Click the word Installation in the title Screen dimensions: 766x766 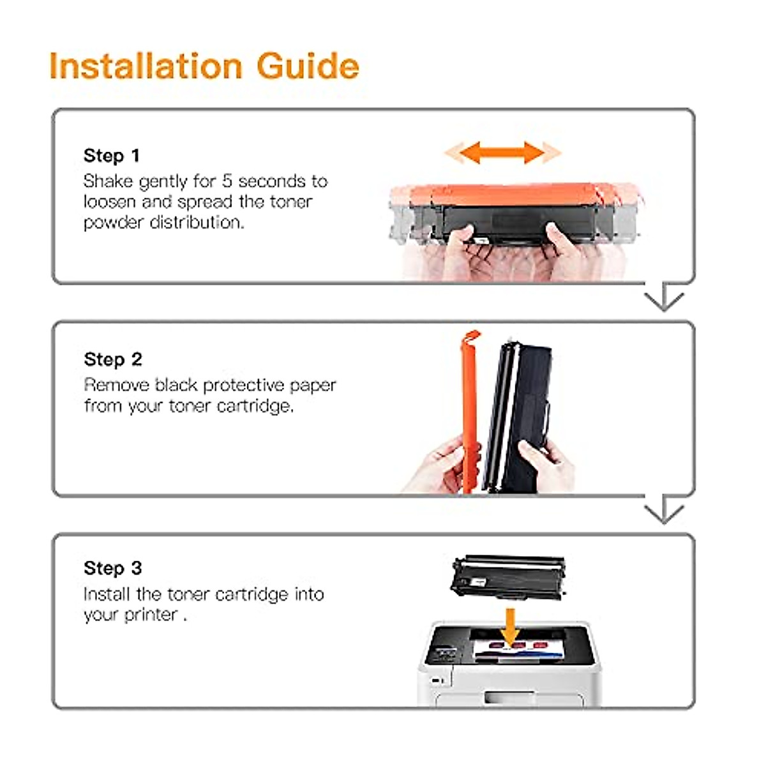146,66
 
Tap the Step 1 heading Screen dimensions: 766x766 111,156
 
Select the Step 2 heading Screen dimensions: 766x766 112,359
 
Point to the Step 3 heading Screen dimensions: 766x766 112,568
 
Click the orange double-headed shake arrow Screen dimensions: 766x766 502,153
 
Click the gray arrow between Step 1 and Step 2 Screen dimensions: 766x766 664,297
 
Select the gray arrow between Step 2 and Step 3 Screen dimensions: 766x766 664,510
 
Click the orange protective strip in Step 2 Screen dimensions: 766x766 470,409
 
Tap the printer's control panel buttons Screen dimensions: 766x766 445,654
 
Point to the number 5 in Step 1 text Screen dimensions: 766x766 227,181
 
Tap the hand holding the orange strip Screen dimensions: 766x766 440,466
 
